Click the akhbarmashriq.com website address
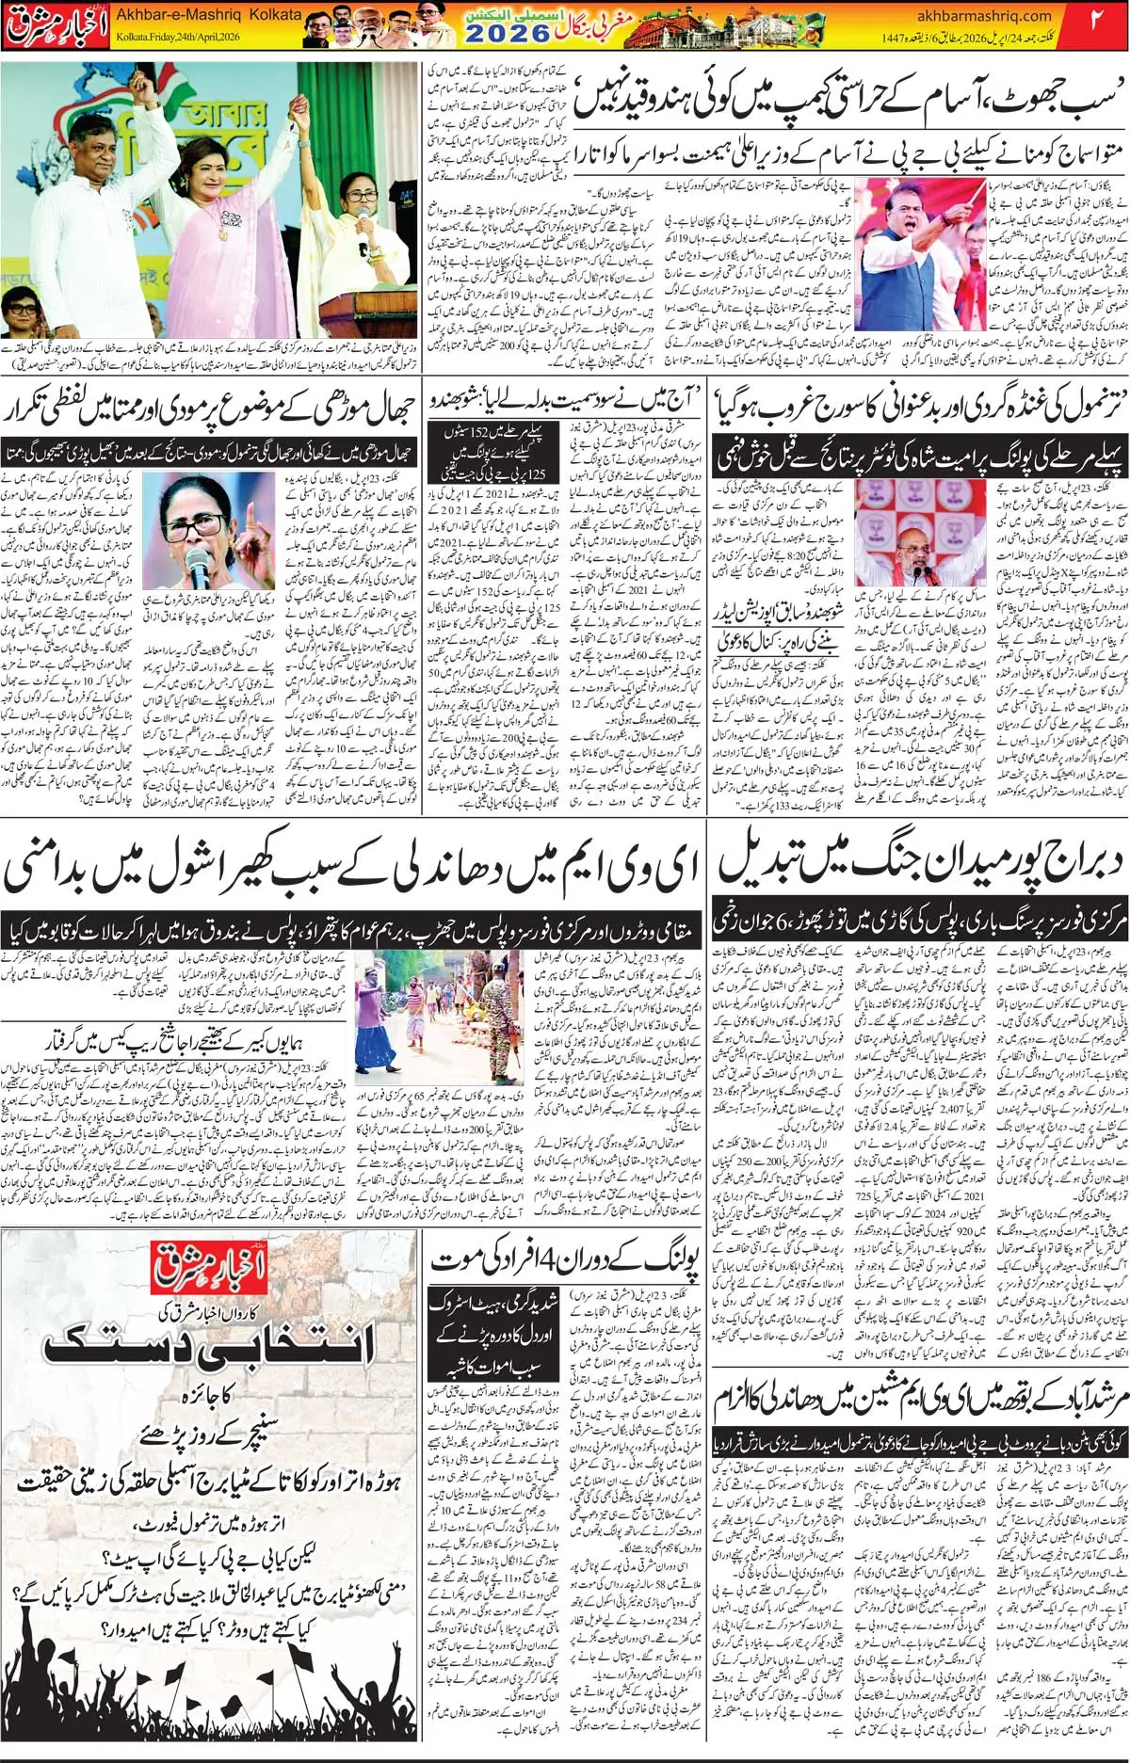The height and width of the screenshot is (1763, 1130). (983, 15)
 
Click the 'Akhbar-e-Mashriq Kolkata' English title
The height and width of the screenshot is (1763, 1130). (208, 14)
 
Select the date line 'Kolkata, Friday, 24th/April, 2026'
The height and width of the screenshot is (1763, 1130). (178, 37)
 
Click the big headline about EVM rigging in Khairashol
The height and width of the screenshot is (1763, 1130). (352, 870)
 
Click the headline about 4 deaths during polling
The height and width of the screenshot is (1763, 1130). (565, 1261)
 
